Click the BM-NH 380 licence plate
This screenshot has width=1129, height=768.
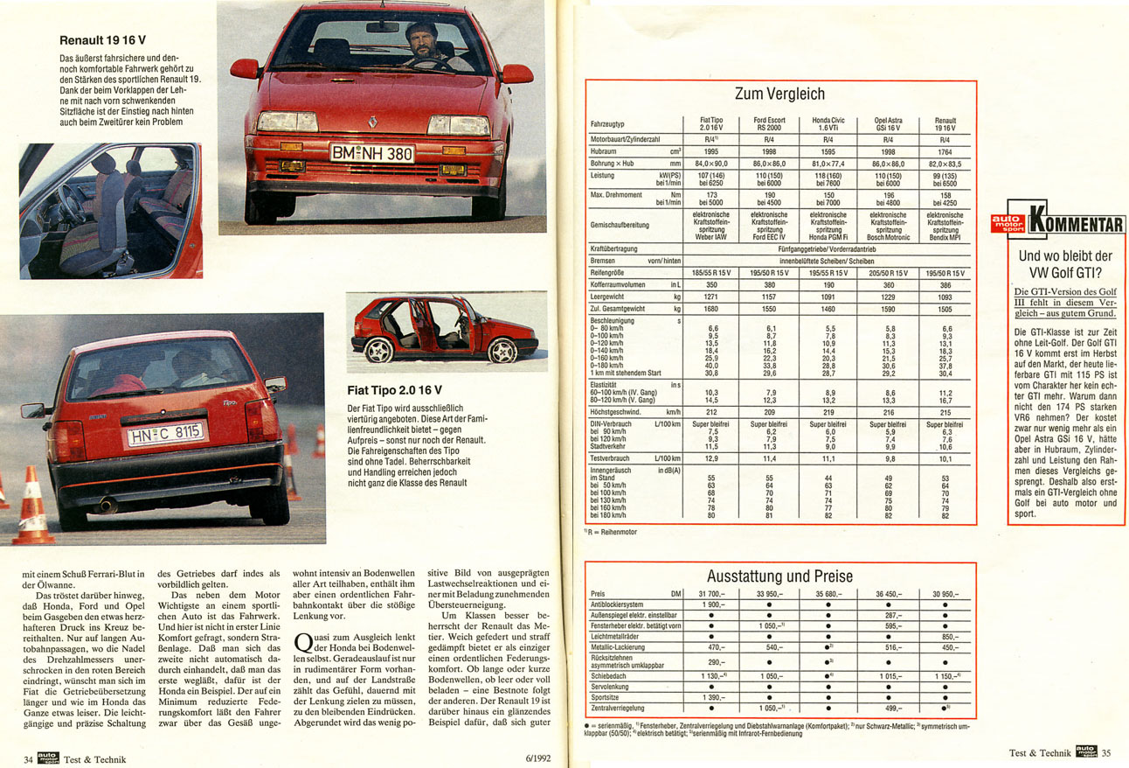371,153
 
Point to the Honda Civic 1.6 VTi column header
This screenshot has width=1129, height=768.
828,124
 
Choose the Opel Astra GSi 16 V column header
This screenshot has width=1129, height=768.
887,124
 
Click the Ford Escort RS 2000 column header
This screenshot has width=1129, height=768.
769,124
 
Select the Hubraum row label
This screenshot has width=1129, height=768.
606,150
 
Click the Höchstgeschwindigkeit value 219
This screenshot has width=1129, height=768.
828,412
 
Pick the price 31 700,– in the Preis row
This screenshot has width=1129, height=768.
710,595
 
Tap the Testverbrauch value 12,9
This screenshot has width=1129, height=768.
710,458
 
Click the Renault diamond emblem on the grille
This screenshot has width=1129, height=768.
372,122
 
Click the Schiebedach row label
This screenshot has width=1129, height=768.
610,676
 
